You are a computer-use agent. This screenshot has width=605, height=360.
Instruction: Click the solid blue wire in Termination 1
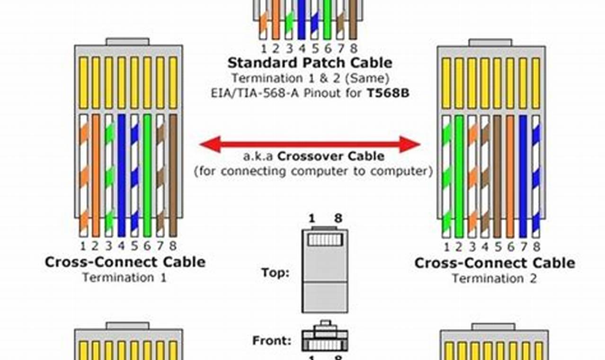pyautogui.click(x=122, y=175)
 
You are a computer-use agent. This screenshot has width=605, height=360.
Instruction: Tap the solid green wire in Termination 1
pyautogui.click(x=147, y=175)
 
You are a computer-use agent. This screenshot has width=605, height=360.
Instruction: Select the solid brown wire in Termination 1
pyautogui.click(x=173, y=175)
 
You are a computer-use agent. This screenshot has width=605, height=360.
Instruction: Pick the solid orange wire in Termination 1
pyautogui.click(x=96, y=175)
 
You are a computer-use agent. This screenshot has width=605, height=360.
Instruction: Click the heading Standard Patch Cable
pyautogui.click(x=310, y=63)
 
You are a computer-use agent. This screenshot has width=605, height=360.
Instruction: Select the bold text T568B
pyautogui.click(x=388, y=93)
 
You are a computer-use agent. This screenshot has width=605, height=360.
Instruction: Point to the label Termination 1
pyautogui.click(x=125, y=277)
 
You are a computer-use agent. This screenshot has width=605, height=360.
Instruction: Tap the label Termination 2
pyautogui.click(x=494, y=278)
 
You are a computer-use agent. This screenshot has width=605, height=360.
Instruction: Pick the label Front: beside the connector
pyautogui.click(x=272, y=340)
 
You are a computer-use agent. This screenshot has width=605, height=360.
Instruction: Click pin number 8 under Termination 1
pyautogui.click(x=173, y=246)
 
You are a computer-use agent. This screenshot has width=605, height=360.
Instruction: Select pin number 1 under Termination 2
pyautogui.click(x=446, y=247)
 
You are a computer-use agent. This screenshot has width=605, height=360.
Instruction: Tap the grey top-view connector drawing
pyautogui.click(x=325, y=270)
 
